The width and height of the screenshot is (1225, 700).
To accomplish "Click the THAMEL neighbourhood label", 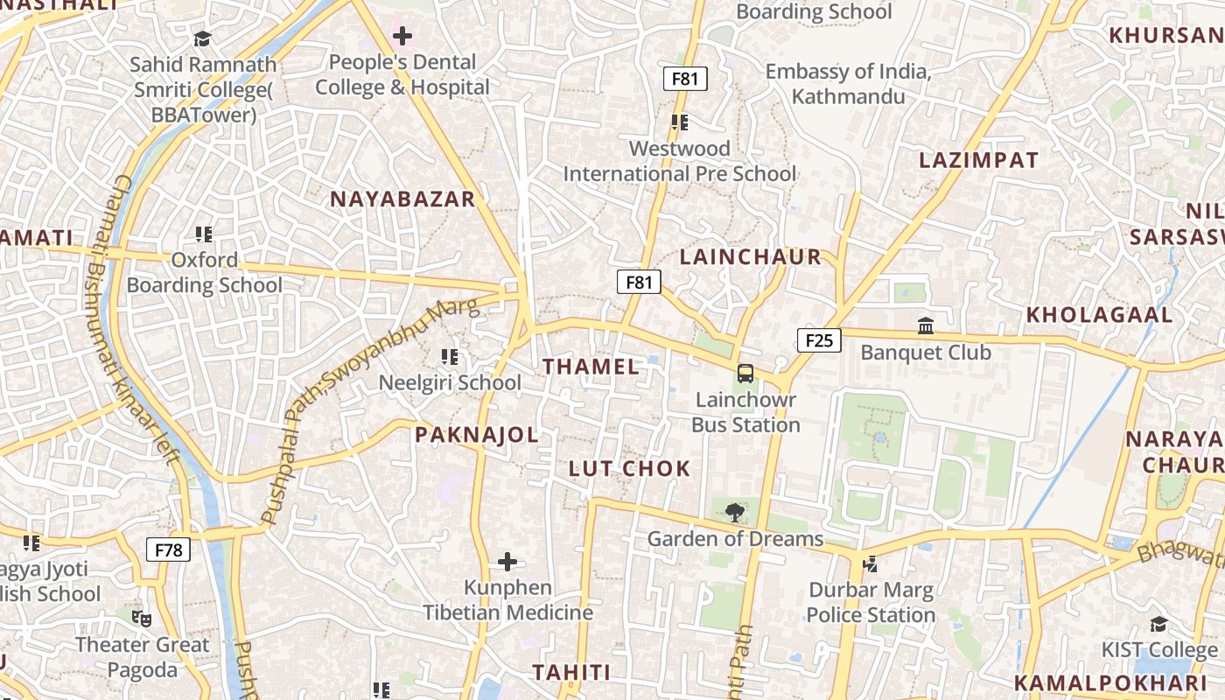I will point(591,367).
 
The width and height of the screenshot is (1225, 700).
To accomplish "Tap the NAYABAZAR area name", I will point(402,199).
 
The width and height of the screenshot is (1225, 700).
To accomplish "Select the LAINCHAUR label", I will point(751,257).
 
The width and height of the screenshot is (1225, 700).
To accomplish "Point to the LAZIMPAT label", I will point(978,160).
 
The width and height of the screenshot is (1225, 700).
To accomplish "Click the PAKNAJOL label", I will point(477,435).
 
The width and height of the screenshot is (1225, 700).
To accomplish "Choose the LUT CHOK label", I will point(630,469).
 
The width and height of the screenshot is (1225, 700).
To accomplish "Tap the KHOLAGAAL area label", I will point(1099,315).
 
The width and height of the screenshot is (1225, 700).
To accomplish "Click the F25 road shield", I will point(819,340).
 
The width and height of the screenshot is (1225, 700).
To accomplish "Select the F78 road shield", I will point(168,550).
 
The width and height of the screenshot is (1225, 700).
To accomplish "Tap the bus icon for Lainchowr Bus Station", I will point(745,374).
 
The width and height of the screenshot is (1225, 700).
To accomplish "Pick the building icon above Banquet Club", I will point(926,326).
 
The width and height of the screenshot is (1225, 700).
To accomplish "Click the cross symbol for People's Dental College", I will point(402,36).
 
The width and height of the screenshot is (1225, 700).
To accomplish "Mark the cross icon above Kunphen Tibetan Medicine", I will point(507,561).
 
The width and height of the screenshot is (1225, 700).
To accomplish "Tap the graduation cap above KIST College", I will point(1159,624).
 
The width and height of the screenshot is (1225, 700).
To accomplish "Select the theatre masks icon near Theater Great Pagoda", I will point(142,619).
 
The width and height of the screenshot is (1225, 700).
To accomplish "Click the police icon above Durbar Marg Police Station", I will point(871,564).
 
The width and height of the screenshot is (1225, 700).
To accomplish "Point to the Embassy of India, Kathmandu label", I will point(848,84).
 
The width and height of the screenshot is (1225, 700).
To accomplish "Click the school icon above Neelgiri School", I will point(450,356).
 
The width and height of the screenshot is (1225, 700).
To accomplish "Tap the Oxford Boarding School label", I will point(205,273).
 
